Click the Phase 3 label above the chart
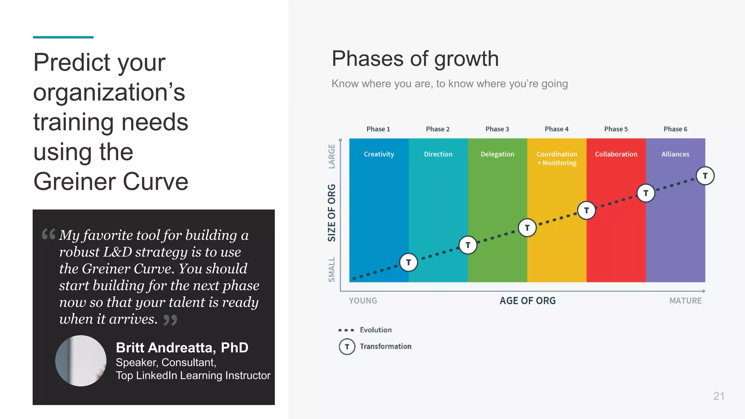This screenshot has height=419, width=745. click(x=497, y=129)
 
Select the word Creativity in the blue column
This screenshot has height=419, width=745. click(x=379, y=154)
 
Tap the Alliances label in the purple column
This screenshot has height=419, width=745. click(x=675, y=154)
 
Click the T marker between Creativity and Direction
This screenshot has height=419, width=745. click(x=409, y=262)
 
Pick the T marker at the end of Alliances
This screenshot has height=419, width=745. click(x=705, y=176)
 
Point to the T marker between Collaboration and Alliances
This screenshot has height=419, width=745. click(x=646, y=193)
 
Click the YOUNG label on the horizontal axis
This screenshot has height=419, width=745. click(x=363, y=301)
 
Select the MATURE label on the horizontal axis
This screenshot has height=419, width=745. click(x=685, y=301)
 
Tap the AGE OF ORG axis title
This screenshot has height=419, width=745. click(x=527, y=301)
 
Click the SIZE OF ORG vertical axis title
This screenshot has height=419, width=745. click(x=331, y=213)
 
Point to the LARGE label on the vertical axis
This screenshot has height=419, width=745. click(x=331, y=156)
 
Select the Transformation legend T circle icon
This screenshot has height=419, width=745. click(x=347, y=347)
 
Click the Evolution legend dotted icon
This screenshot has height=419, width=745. click(x=346, y=330)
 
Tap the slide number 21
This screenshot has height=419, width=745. click(x=719, y=396)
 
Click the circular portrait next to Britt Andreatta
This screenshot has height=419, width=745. click(x=81, y=361)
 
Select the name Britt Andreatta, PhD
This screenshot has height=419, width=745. click(x=182, y=348)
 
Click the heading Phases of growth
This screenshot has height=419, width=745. click(x=415, y=59)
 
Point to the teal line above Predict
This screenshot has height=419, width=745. click(x=63, y=37)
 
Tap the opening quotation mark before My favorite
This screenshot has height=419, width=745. click(x=48, y=234)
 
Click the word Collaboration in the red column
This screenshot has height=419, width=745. click(x=616, y=154)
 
